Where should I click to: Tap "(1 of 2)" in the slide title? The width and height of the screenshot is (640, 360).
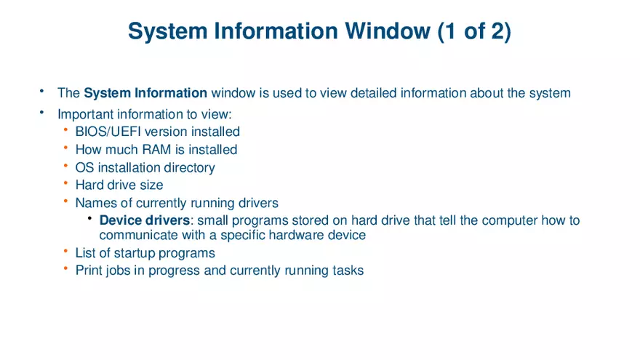click(x=474, y=31)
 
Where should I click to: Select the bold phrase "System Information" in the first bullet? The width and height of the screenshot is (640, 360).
click(x=145, y=93)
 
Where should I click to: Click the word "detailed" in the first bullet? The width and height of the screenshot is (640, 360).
click(x=363, y=93)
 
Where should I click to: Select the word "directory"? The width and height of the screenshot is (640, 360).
click(x=188, y=168)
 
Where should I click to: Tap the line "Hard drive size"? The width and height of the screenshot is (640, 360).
click(x=119, y=185)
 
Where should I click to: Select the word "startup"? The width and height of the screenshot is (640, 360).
click(x=140, y=253)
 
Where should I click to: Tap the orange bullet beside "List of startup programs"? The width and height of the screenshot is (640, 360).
click(x=65, y=252)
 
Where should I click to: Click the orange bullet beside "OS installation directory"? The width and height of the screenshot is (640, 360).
click(x=65, y=166)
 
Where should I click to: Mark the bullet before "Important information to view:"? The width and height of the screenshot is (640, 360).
click(x=41, y=113)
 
